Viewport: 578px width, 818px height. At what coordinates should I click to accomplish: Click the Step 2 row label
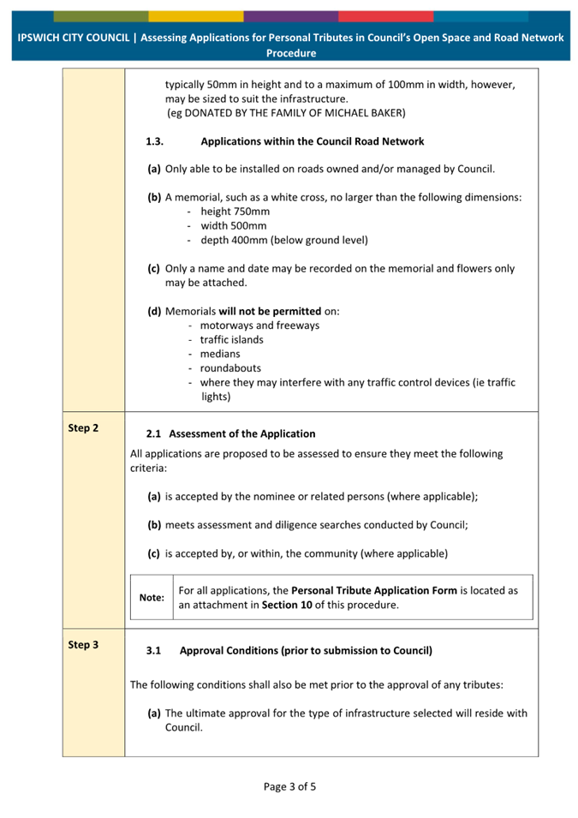[83, 427]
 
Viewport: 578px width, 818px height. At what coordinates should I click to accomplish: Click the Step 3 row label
[83, 644]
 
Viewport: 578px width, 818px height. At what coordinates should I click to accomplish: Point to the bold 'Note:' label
[152, 597]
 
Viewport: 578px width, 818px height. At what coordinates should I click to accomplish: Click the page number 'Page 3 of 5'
[289, 786]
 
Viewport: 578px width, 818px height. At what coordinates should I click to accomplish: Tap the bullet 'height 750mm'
[235, 212]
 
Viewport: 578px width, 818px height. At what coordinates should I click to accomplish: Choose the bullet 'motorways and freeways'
[259, 325]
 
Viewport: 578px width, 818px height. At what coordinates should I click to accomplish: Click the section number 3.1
[153, 650]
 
